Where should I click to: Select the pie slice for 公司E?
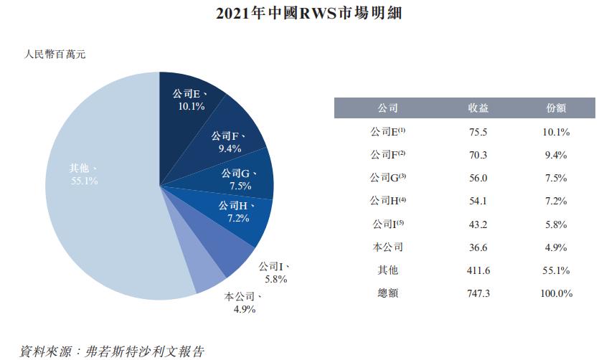click(191, 100)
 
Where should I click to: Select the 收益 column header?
click(478, 108)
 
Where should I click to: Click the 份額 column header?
click(555, 108)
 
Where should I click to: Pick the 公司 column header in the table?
click(388, 108)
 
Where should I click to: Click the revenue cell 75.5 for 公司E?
click(478, 132)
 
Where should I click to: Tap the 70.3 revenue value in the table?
click(478, 155)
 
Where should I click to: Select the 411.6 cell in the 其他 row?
click(478, 270)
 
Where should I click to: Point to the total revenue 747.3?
click(478, 293)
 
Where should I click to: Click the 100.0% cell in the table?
click(555, 293)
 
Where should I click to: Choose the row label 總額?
click(388, 293)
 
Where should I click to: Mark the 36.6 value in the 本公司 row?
click(478, 247)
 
